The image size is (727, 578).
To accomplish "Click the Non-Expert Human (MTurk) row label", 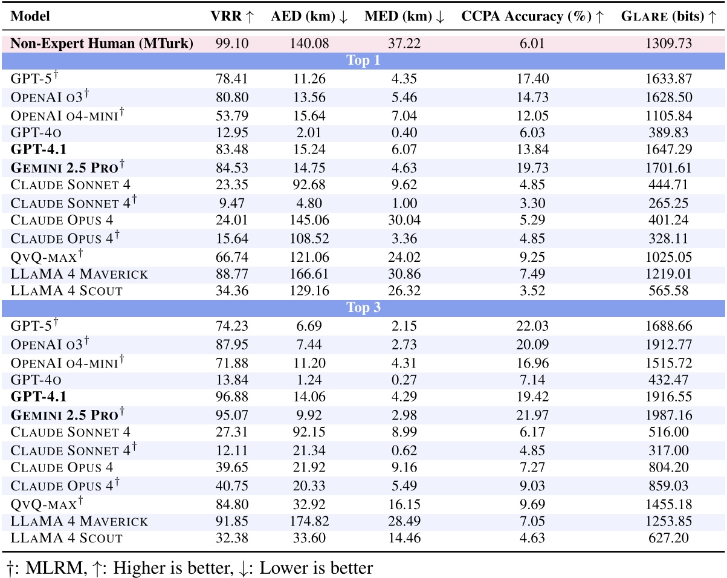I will pos(102,44).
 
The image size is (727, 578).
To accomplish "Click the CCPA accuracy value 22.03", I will pos(532,326).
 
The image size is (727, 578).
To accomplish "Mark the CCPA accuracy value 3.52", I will pos(532,291).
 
